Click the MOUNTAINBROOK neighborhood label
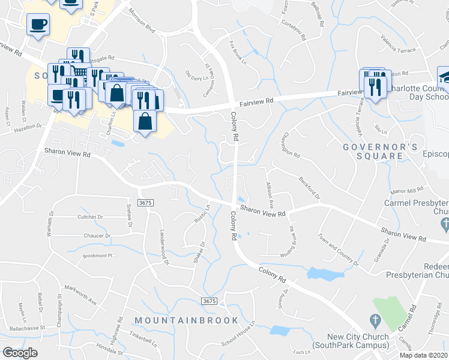point(187,320)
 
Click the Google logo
point(20,353)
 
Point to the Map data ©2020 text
point(424,355)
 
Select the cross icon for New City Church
point(375,320)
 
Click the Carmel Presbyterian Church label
point(417,207)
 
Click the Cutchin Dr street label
point(90,217)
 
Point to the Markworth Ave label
point(80,295)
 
